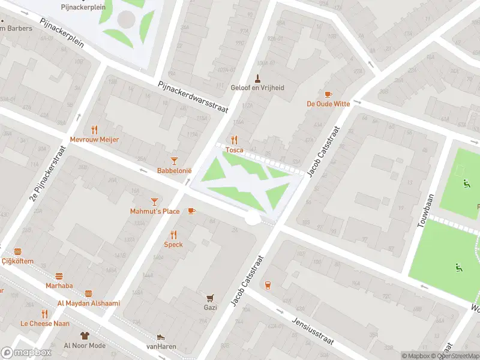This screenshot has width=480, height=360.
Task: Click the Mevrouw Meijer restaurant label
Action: pyautogui.click(x=95, y=139)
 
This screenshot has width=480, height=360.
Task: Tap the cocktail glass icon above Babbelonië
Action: pyautogui.click(x=174, y=161)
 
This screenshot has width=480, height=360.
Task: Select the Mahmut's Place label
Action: pyautogui.click(x=155, y=211)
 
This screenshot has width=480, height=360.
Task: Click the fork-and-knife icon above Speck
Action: pyautogui.click(x=173, y=235)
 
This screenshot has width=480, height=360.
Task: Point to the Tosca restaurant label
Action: pyautogui.click(x=234, y=150)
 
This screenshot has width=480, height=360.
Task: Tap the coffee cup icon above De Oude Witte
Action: pyautogui.click(x=328, y=94)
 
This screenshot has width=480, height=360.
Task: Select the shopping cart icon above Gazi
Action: pyautogui.click(x=210, y=298)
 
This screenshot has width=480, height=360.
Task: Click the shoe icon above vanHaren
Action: pyautogui.click(x=160, y=337)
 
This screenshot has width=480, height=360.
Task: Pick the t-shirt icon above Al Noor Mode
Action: pyautogui.click(x=85, y=336)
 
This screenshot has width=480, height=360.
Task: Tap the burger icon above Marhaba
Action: pyautogui.click(x=59, y=276)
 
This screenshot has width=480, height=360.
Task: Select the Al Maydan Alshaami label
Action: pyautogui.click(x=88, y=303)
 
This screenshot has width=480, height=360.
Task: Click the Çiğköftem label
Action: pyautogui.click(x=17, y=261)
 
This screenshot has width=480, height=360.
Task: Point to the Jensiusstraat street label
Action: pyautogui.click(x=313, y=330)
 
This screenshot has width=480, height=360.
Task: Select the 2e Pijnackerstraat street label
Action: pyautogui.click(x=47, y=174)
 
